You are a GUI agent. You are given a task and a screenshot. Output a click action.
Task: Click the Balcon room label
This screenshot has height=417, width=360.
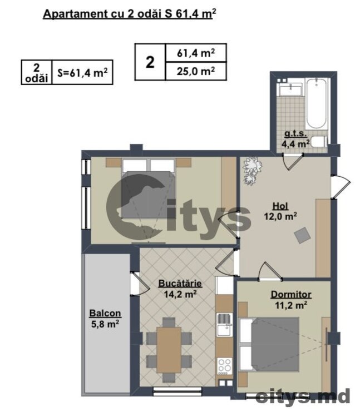(x=105, y=313)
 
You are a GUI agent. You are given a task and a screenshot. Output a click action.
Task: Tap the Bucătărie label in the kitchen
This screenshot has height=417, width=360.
(x=180, y=284)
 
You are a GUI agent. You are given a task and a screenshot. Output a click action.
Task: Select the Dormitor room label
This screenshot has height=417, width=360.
(x=291, y=294)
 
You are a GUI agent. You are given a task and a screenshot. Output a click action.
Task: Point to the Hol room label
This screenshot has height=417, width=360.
(x=280, y=206)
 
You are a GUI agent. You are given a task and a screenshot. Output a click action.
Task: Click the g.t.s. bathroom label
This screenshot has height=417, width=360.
(x=295, y=133)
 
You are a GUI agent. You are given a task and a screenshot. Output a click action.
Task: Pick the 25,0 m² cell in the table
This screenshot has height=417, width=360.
(x=196, y=71)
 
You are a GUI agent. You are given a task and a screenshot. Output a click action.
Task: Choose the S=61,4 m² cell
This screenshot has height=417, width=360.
(x=82, y=72)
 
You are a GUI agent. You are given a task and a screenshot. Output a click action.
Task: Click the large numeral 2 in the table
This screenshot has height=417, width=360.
(x=150, y=62)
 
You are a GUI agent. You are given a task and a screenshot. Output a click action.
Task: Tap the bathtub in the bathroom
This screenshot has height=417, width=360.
(x=317, y=104)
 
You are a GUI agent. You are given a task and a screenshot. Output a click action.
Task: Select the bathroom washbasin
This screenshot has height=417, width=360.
(x=290, y=90)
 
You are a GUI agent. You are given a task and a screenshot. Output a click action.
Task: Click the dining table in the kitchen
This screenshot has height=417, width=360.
(x=169, y=350)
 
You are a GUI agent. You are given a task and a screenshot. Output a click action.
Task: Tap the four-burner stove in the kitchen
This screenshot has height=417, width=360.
(x=225, y=366)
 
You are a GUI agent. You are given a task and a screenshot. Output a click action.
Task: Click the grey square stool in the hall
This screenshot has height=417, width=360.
(x=302, y=235)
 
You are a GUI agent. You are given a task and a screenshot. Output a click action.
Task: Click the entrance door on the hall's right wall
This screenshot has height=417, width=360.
(x=341, y=187)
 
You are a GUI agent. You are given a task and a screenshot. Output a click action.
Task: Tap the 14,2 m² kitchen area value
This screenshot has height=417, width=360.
(x=180, y=294)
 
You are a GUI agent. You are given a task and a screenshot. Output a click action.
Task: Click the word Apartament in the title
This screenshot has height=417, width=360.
(x=76, y=14)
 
